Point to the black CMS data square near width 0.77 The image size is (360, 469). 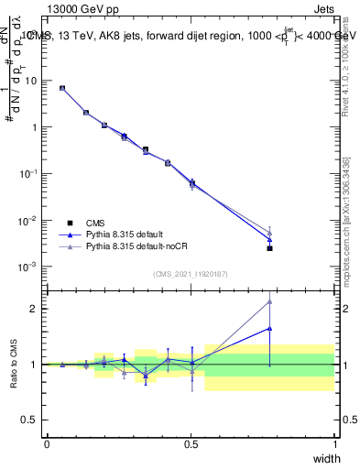pyautogui.click(x=269, y=248)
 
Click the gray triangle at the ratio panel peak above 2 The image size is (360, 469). pyautogui.click(x=269, y=301)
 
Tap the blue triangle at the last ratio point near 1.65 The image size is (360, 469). pyautogui.click(x=269, y=328)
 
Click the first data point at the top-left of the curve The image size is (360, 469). pyautogui.click(x=62, y=88)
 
